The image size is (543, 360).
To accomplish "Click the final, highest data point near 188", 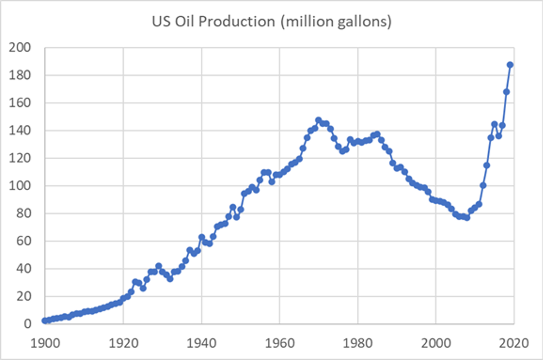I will tap(510, 65).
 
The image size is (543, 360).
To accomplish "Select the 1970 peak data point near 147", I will tap(319, 120).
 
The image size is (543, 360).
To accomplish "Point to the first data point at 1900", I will tap(45, 320).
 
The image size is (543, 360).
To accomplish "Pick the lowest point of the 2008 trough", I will tap(467, 217).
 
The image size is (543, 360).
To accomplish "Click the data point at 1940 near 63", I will tap(201, 237).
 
